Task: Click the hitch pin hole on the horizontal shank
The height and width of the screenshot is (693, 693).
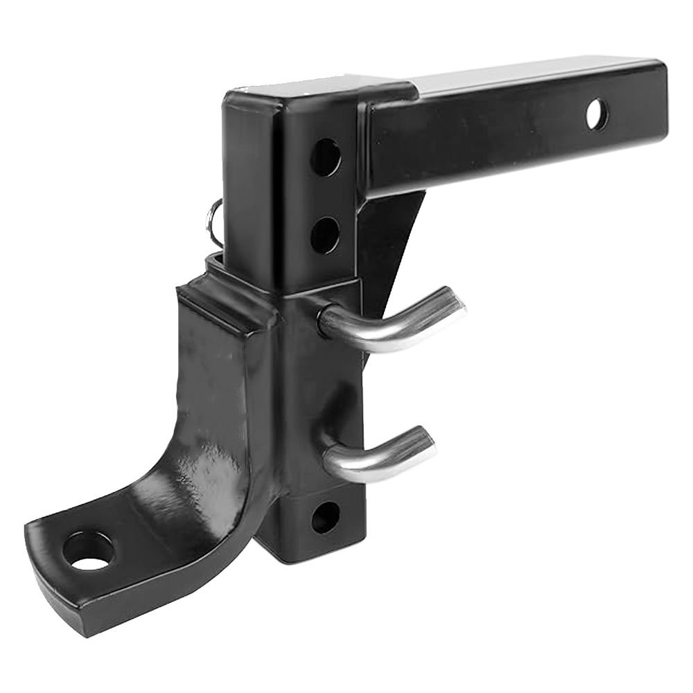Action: click(x=597, y=115)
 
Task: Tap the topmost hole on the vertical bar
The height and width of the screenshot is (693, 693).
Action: click(x=325, y=157)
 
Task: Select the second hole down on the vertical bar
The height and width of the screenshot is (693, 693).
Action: click(x=324, y=235)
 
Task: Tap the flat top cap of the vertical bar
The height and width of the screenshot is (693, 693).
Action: click(x=291, y=94)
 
